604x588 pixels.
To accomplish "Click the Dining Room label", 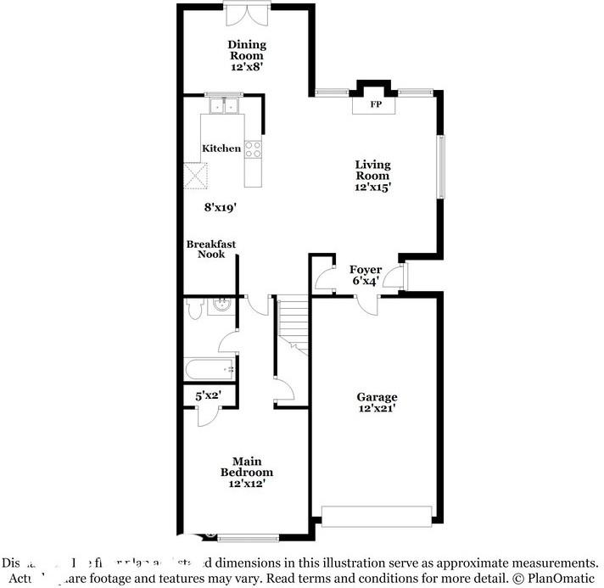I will click(x=246, y=50).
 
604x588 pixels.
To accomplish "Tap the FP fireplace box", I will click(x=374, y=105).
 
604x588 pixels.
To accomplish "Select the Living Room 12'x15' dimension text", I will click(x=372, y=188).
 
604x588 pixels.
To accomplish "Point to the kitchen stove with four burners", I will click(x=253, y=149).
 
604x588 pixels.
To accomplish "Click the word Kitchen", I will click(x=221, y=148).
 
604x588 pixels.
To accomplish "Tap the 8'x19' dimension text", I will click(x=220, y=206).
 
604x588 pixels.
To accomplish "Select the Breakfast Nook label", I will click(x=211, y=249).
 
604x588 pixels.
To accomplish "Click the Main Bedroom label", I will click(x=246, y=467).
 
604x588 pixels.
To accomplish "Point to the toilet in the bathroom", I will click(x=193, y=309).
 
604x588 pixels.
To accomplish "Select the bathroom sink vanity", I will click(x=221, y=305).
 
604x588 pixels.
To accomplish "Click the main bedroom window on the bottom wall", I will click(x=248, y=536).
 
